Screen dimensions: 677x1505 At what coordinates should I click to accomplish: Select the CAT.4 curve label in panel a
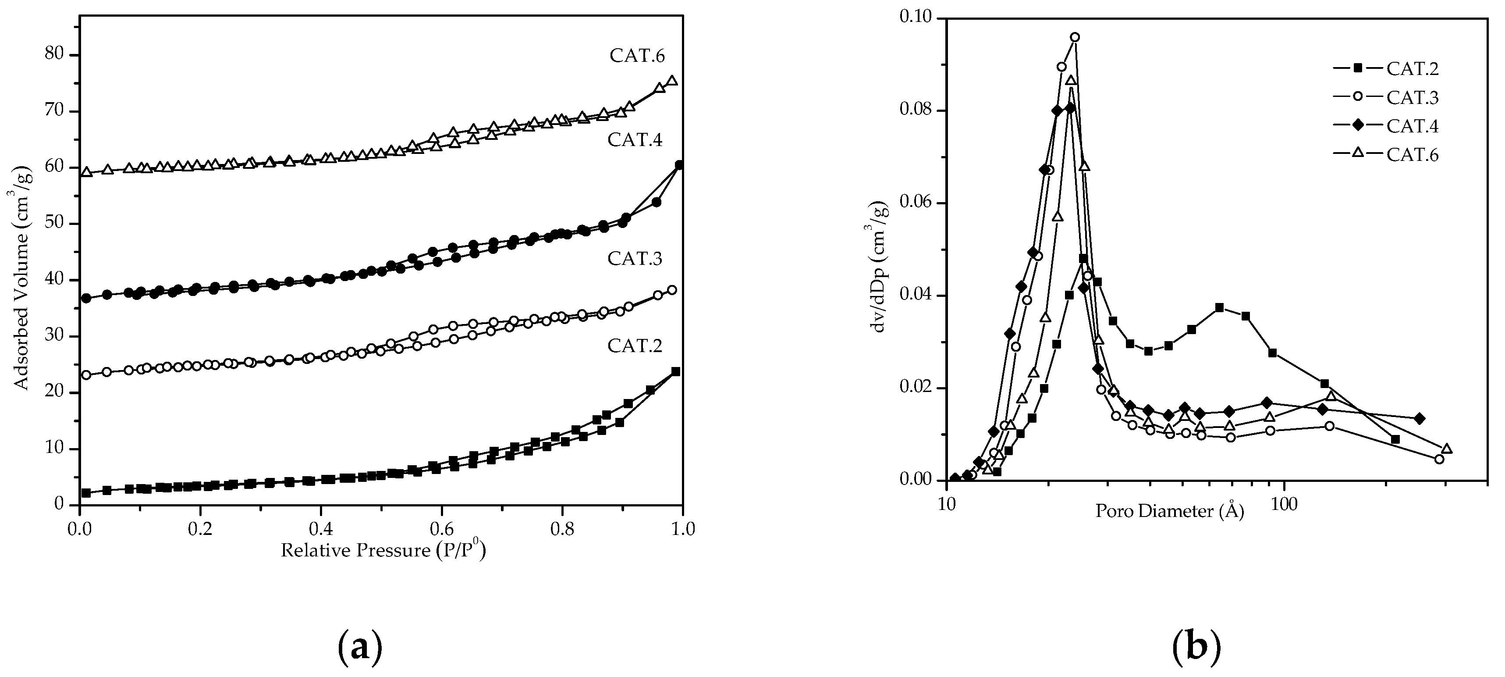[635, 140]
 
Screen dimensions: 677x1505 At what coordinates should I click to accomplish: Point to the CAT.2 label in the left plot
[635, 346]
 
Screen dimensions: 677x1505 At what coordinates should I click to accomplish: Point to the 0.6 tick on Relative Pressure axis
[442, 530]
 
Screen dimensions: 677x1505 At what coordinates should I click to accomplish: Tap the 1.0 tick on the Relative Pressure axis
[683, 530]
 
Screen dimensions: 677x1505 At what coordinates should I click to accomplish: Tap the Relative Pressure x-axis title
[383, 551]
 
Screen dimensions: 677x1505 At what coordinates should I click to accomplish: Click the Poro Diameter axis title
[1170, 512]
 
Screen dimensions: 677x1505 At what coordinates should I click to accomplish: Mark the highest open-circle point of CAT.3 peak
[1075, 37]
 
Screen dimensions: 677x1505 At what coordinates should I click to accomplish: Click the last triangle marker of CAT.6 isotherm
[672, 81]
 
